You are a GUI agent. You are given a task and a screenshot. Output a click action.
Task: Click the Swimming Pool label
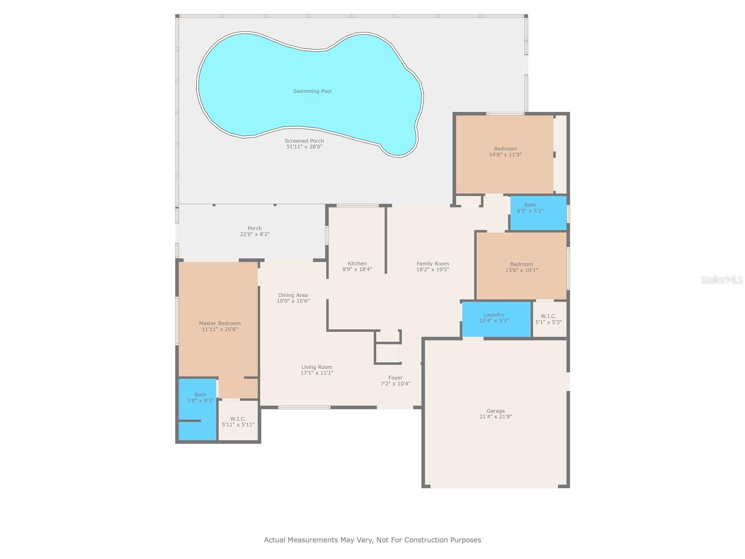pos(312,91)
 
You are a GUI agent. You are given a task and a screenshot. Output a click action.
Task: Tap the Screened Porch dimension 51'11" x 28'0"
pos(304,147)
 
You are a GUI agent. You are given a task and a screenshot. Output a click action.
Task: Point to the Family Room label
pos(433,264)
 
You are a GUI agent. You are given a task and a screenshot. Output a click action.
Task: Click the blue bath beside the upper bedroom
pos(538,213)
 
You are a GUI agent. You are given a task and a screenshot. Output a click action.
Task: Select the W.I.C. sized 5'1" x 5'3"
pos(549,319)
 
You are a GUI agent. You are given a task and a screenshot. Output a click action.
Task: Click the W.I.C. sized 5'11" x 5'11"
pos(238,422)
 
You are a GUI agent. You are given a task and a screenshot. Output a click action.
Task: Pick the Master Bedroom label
pos(220,323)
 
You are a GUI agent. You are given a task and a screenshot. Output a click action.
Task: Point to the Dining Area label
pos(293,295)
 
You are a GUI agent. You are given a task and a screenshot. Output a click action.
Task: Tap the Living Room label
pos(317,367)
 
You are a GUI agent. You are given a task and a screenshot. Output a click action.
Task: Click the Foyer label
pos(395,378)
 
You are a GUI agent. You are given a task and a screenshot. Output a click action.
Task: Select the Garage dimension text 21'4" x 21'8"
pos(495,417)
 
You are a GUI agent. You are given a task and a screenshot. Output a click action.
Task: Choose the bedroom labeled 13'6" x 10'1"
pos(521,267)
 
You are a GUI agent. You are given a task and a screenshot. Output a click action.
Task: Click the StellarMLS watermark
pos(721,279)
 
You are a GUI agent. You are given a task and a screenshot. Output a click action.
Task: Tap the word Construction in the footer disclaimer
pos(426,540)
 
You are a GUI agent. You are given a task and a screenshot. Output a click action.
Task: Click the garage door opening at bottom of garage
pos(494,487)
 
